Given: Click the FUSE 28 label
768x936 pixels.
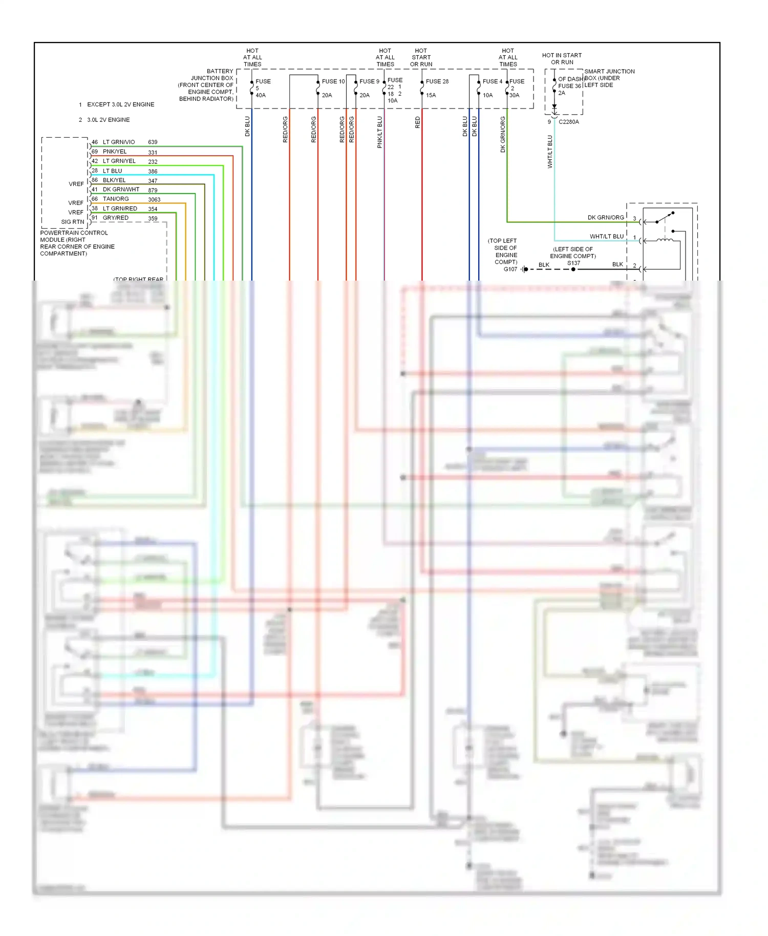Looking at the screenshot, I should [x=437, y=81].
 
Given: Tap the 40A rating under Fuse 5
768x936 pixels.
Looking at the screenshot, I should [x=261, y=95].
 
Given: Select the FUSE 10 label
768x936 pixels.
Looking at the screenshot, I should [x=333, y=81].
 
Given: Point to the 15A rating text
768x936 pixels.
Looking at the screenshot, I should [x=431, y=95].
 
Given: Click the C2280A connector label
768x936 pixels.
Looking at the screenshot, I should [x=568, y=122].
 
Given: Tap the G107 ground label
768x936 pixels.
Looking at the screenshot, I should [x=510, y=269].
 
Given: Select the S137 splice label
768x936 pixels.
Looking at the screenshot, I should [x=573, y=263].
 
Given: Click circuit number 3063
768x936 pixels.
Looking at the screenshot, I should [x=154, y=200].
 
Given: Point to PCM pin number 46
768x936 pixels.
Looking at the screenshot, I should [x=95, y=142].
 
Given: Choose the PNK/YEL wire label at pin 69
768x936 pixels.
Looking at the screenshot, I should [x=115, y=152].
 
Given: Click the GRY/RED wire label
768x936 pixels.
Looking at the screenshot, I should [x=116, y=218].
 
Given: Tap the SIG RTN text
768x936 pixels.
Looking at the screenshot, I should [x=72, y=222].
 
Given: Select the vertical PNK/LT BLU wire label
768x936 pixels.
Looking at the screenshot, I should [x=380, y=132].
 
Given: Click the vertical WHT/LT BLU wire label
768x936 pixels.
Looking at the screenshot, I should [x=550, y=152].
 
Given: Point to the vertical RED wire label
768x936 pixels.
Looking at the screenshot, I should [x=417, y=122].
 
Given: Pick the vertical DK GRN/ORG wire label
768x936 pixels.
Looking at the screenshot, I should [x=503, y=134].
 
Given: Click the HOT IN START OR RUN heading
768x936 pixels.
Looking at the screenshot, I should [x=562, y=59].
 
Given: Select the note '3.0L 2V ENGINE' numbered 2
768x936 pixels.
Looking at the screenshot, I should [x=108, y=120].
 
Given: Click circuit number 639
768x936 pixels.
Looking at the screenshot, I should [x=153, y=142].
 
